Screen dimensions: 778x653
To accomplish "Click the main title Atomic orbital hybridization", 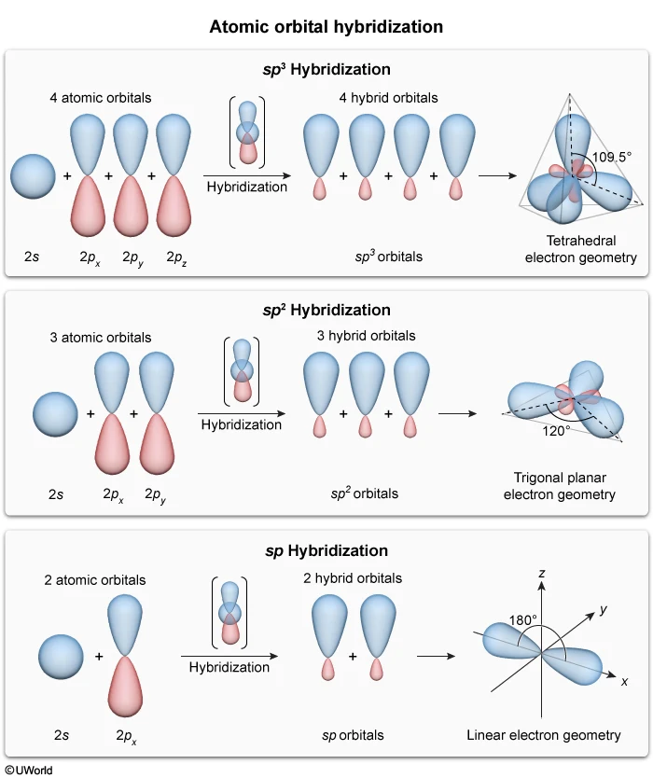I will [x=326, y=26].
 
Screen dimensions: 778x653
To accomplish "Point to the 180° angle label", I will [x=522, y=619].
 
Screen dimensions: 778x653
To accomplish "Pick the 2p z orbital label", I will [x=176, y=256].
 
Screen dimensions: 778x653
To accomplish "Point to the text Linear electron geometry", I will [x=544, y=735].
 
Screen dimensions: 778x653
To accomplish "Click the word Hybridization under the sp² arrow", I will [x=240, y=424].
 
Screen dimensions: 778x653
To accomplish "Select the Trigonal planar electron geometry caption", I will [x=560, y=485].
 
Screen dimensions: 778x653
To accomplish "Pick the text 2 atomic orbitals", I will [x=95, y=579].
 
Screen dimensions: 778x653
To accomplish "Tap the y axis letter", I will [x=604, y=609].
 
